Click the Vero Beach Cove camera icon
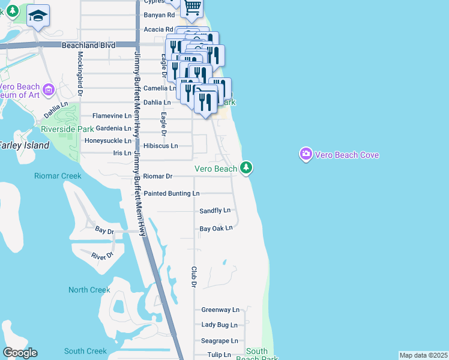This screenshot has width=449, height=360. [x=306, y=155]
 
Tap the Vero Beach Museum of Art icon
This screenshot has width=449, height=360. [x=49, y=91]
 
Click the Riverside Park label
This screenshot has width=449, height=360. [x=67, y=129]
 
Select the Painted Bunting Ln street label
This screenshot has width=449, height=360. [x=171, y=194]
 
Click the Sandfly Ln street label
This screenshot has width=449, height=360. [x=215, y=211]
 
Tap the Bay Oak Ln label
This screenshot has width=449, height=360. [x=215, y=229]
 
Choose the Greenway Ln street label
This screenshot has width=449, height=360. [x=220, y=310]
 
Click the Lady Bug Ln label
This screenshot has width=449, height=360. [x=219, y=325]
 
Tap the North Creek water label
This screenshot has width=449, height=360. [x=89, y=290]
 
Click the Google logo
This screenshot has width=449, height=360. [x=20, y=353]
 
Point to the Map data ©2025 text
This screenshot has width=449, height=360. [x=423, y=355]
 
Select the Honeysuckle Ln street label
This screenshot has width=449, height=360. [x=107, y=141]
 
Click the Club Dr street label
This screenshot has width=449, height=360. [x=194, y=280]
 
